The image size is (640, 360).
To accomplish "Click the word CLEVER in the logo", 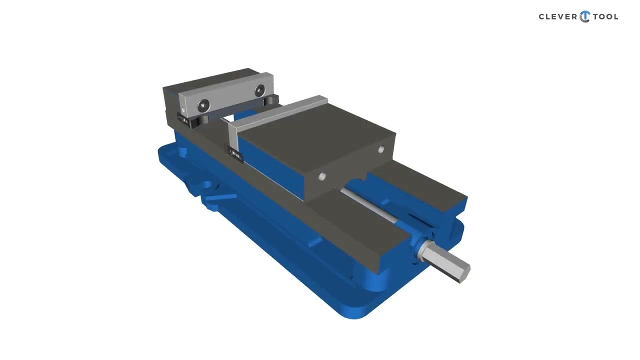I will pos(557,17).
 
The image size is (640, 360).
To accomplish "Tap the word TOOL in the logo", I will pos(605,17).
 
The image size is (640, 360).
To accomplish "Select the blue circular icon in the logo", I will pos(584,17).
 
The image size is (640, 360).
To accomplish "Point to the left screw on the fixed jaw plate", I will pos(203,105).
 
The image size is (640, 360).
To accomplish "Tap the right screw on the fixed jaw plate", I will pos(259,91).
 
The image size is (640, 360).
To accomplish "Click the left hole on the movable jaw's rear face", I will pos(322,176).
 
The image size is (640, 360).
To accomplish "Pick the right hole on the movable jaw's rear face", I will pos(381,149).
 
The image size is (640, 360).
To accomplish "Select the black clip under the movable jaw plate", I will pos(235,154).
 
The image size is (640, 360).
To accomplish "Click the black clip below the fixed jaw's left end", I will pos(184,120).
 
